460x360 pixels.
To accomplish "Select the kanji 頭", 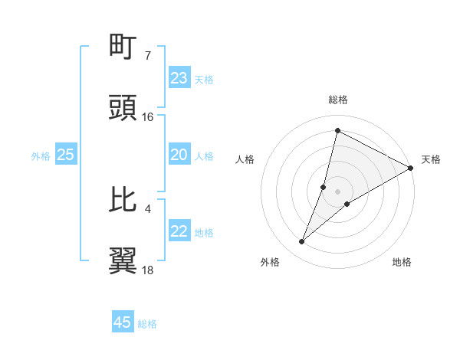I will click(x=123, y=108).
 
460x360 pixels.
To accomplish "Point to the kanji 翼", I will click(x=123, y=261).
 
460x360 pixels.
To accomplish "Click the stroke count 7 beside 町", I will click(x=147, y=55).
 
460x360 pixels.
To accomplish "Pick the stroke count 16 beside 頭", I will click(x=148, y=116).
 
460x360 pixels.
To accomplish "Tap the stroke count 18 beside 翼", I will click(x=148, y=270).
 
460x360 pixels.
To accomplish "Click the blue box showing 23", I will click(x=179, y=78).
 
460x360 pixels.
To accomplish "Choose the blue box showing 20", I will click(x=179, y=155).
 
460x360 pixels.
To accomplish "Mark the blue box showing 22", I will click(x=179, y=231).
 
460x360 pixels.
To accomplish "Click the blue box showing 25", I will click(x=66, y=155).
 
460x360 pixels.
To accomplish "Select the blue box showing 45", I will click(x=123, y=322).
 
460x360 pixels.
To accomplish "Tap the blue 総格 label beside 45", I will click(x=147, y=324).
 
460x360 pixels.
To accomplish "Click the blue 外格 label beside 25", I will click(x=41, y=156).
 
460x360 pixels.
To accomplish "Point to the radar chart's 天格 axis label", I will click(x=431, y=159).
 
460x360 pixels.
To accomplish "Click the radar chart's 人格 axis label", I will click(x=245, y=159).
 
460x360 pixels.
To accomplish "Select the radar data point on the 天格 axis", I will click(x=411, y=169).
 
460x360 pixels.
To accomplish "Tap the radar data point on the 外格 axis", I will click(x=302, y=242).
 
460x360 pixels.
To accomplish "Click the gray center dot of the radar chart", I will click(x=337, y=191).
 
